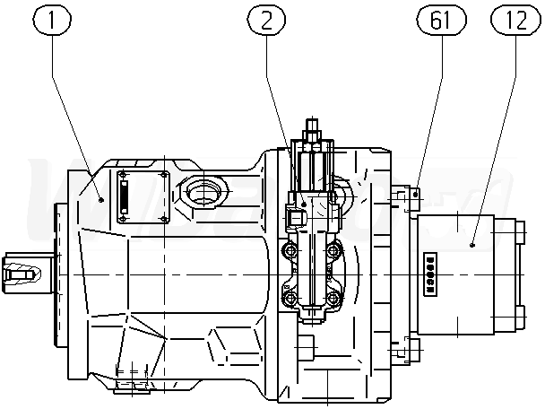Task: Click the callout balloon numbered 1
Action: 52,20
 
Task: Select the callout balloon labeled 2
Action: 266,20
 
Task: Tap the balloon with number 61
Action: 441,20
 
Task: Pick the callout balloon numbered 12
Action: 515,20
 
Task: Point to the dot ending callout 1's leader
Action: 101,200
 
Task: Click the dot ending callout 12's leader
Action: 471,245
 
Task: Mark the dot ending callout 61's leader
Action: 415,195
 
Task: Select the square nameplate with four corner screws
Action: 143,197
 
